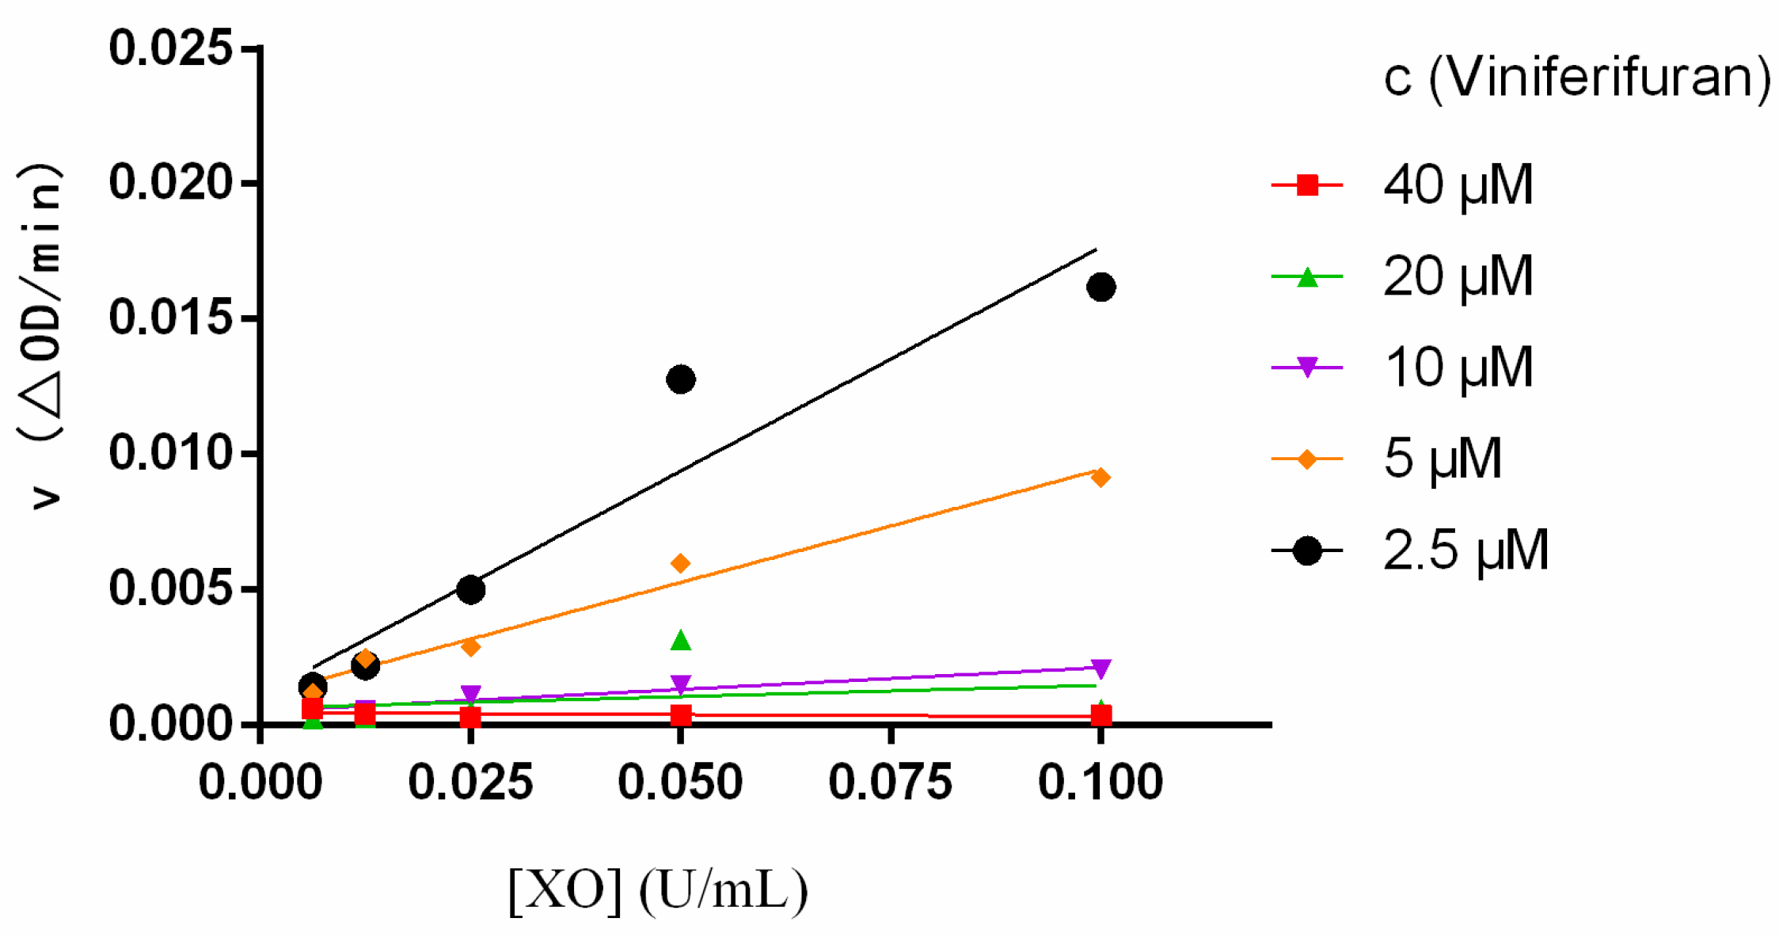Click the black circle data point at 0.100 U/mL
(1100, 287)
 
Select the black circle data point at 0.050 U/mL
(681, 379)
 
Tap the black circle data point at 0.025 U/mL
(471, 589)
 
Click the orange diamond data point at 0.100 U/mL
(1100, 478)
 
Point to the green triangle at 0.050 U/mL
(681, 641)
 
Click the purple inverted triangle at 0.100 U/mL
(1100, 668)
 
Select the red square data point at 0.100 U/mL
(1100, 716)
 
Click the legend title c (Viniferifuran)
(1576, 78)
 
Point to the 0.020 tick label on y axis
(170, 182)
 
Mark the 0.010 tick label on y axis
(170, 453)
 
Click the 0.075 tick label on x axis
(891, 783)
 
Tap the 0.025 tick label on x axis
(471, 783)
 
